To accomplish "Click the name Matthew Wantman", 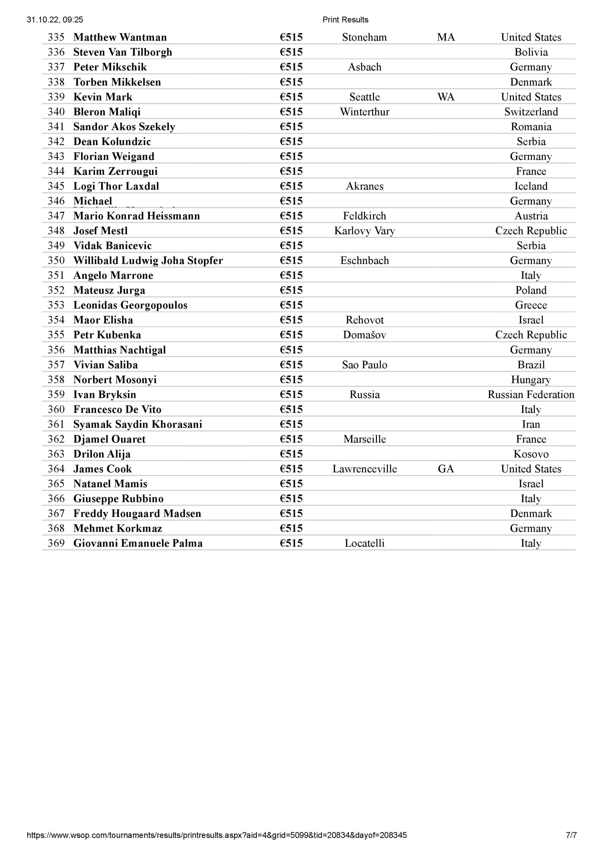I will coord(120,37).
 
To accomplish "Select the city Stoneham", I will coord(364,37).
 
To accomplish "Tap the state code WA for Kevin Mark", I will coord(446,97).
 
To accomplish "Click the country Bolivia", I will coord(531,52).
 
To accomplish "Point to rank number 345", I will coord(56,186).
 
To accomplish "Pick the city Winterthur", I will coord(365,112).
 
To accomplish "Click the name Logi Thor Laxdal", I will coord(116,186).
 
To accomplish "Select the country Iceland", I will coord(531,186).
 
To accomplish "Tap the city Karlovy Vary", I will coord(365,230).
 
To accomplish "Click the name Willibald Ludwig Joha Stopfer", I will coord(148,260).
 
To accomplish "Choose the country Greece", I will coord(531,305).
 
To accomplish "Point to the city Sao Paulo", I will coord(365,365).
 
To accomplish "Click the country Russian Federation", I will coord(531,394).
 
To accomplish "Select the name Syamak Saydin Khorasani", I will coord(138,424).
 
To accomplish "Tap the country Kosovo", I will coord(531,454).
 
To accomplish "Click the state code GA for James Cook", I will coord(446,469).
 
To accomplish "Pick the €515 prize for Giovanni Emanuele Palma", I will coord(291,543).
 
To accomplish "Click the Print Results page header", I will coord(345,20).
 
